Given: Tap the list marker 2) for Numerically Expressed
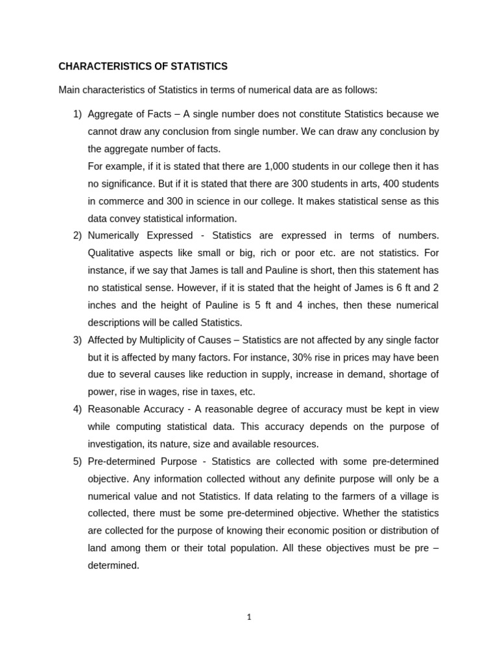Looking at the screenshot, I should click(77, 235).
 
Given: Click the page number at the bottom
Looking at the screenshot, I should click(248, 617).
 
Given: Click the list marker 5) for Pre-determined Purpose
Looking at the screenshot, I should click(77, 462).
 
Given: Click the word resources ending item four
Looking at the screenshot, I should click(296, 444).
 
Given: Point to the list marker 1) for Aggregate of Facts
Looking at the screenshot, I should click(77, 114).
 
